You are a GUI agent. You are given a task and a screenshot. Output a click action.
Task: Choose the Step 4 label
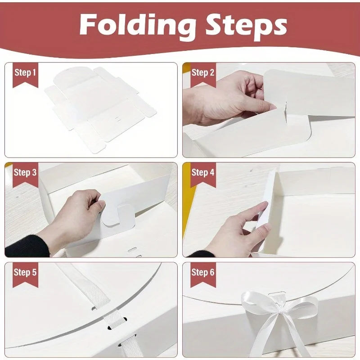coord(202,173)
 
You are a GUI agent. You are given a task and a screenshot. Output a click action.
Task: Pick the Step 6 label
coord(202,273)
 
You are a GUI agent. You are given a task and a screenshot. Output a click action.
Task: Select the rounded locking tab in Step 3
coord(118,216)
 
